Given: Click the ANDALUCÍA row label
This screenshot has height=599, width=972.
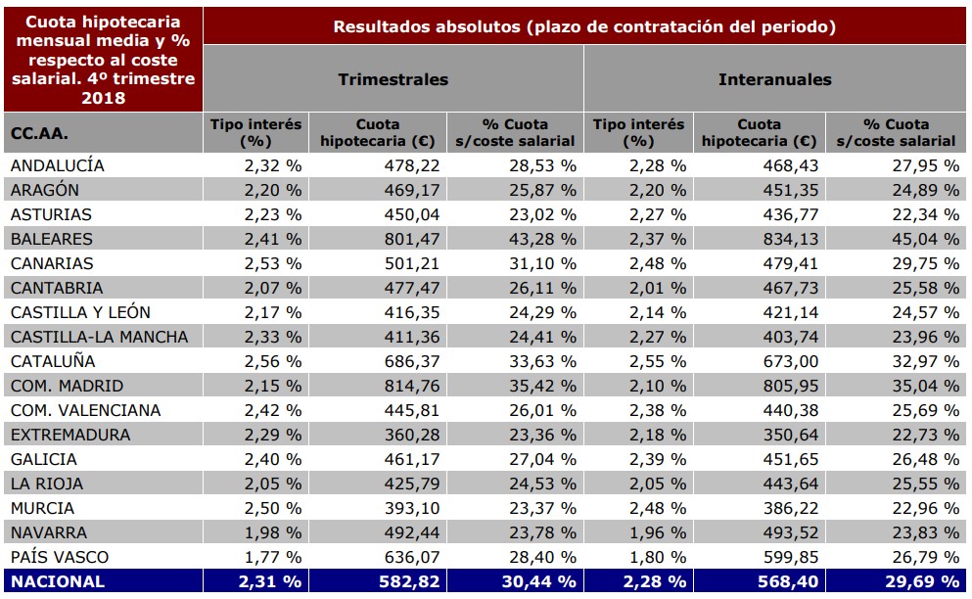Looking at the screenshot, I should tap(57, 166).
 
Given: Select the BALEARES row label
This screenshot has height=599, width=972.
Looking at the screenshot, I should tap(51, 239).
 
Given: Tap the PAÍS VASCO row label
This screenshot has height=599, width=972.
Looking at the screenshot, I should tap(59, 557).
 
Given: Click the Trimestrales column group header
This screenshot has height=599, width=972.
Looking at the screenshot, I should tap(393, 79).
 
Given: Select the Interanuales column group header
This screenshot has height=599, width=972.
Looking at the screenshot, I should tap(774, 79).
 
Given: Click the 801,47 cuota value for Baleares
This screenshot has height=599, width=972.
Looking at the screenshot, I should tap(412, 239).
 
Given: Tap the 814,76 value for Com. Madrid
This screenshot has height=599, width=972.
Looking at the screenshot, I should tap(412, 386).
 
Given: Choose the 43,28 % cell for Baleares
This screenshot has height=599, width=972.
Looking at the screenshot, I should tap(542, 239).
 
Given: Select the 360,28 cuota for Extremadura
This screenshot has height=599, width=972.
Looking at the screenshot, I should tap(412, 435).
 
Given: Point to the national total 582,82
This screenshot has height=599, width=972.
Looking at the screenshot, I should tap(410, 581).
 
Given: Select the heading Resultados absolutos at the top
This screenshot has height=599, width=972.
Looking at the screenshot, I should tap(584, 26).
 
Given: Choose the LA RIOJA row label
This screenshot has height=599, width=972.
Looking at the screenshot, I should tap(46, 484).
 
